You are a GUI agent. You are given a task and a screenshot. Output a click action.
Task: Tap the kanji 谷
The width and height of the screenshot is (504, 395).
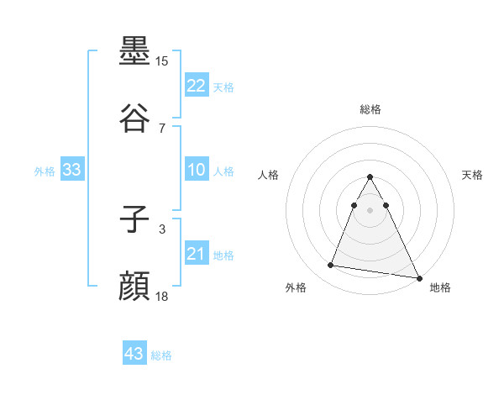click(x=135, y=118)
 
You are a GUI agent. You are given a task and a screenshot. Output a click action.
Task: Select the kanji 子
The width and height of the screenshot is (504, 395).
click(x=135, y=219)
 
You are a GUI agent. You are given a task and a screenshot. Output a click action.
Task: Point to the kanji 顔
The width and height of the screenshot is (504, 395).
click(x=135, y=287)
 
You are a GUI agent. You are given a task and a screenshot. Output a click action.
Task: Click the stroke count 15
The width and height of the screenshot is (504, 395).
click(x=162, y=61)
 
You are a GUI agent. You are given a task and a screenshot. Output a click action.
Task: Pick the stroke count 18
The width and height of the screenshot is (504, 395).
click(x=162, y=296)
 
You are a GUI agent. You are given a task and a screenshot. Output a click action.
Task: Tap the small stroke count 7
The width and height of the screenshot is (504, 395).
click(x=162, y=128)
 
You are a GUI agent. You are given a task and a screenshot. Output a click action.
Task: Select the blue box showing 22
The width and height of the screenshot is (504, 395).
click(x=197, y=86)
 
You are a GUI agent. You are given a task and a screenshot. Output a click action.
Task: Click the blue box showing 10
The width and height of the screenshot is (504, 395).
click(x=197, y=170)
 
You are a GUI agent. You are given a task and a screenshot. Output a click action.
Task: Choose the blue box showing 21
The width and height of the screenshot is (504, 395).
click(x=197, y=254)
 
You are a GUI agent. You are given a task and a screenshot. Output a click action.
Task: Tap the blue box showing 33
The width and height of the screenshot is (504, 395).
click(x=72, y=170)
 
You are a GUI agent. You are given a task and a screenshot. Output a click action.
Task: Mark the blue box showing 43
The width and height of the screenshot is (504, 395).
click(x=134, y=354)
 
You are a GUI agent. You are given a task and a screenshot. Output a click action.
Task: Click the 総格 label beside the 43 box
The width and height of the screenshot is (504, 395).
click(x=161, y=355)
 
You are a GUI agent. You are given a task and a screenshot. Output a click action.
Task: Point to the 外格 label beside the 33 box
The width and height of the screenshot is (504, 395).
click(x=45, y=171)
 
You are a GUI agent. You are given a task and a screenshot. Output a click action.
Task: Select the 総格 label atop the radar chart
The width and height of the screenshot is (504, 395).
click(x=370, y=109)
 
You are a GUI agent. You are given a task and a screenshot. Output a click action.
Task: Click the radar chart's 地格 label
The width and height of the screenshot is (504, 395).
click(x=440, y=288)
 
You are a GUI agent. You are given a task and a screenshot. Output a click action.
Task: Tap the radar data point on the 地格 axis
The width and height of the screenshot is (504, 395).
click(x=420, y=277)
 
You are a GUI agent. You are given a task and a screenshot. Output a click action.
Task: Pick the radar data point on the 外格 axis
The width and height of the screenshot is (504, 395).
click(x=330, y=266)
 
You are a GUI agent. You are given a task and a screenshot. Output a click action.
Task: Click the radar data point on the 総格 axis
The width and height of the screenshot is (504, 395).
click(x=370, y=177)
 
